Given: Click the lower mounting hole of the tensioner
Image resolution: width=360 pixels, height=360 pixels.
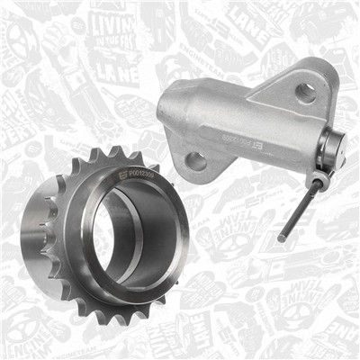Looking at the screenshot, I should point(195,162).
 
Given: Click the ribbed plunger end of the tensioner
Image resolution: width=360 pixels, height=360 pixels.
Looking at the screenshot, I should point(335,148).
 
